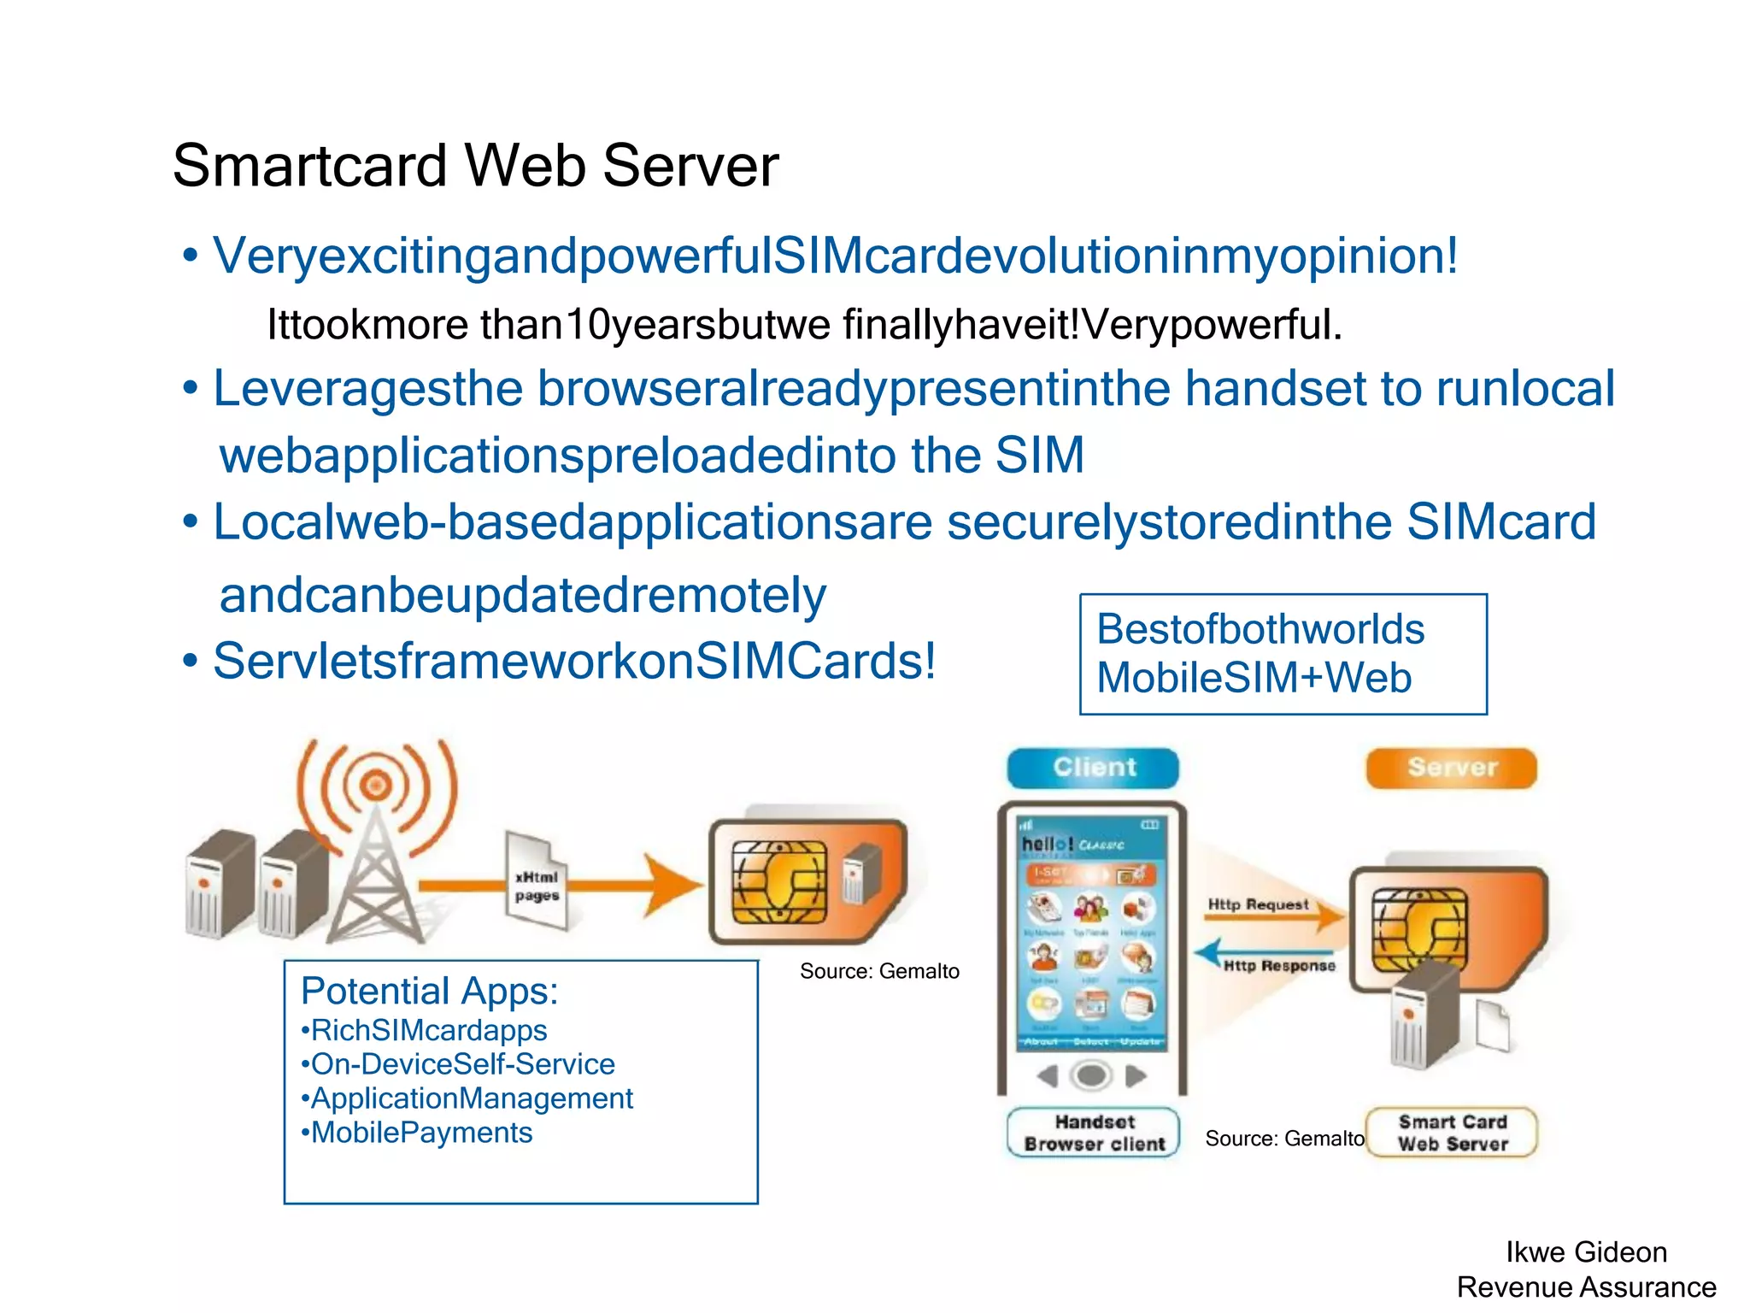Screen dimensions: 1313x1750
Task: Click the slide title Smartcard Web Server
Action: coord(475,165)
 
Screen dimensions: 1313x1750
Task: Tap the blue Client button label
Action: coord(1094,767)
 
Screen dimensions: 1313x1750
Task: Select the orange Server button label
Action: coord(1452,767)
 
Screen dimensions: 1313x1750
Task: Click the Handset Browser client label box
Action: coord(1094,1133)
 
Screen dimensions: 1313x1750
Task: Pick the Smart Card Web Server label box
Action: coord(1452,1133)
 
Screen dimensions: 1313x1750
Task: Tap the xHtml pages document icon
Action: coord(537,881)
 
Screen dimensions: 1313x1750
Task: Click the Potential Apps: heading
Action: coord(429,992)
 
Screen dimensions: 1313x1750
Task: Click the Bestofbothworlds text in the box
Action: coord(1260,629)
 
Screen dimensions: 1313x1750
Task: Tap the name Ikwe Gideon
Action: coord(1586,1251)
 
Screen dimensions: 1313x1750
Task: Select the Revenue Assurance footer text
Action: coord(1586,1287)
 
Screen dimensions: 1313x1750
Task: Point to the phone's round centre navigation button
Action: coord(1091,1075)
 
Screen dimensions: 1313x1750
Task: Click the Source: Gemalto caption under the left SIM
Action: coord(879,971)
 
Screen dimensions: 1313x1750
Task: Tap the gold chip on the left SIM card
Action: coord(779,883)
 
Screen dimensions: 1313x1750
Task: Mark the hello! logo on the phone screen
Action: coord(1048,845)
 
